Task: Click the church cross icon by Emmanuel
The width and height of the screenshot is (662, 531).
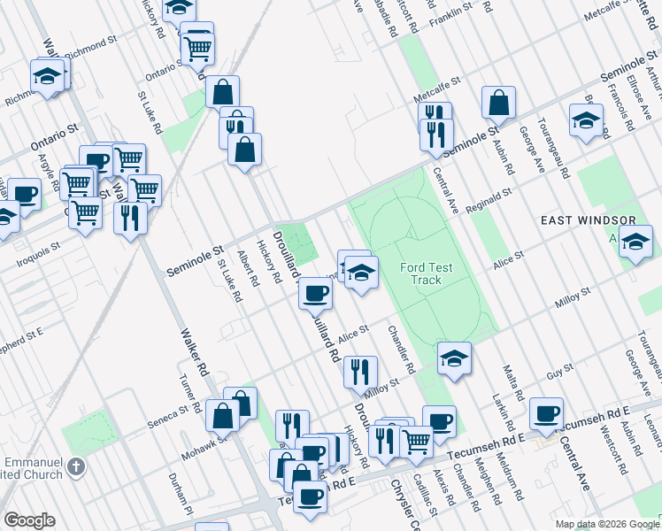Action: tap(76, 466)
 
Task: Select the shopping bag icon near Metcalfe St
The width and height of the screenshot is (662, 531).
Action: tap(498, 103)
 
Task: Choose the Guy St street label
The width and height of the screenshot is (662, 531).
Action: tap(555, 375)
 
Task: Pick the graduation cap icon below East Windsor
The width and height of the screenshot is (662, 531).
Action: tap(635, 241)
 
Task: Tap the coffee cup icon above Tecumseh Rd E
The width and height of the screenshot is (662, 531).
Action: tap(546, 412)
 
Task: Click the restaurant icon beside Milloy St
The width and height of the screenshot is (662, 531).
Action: tap(360, 372)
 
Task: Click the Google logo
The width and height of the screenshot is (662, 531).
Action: tap(29, 520)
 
